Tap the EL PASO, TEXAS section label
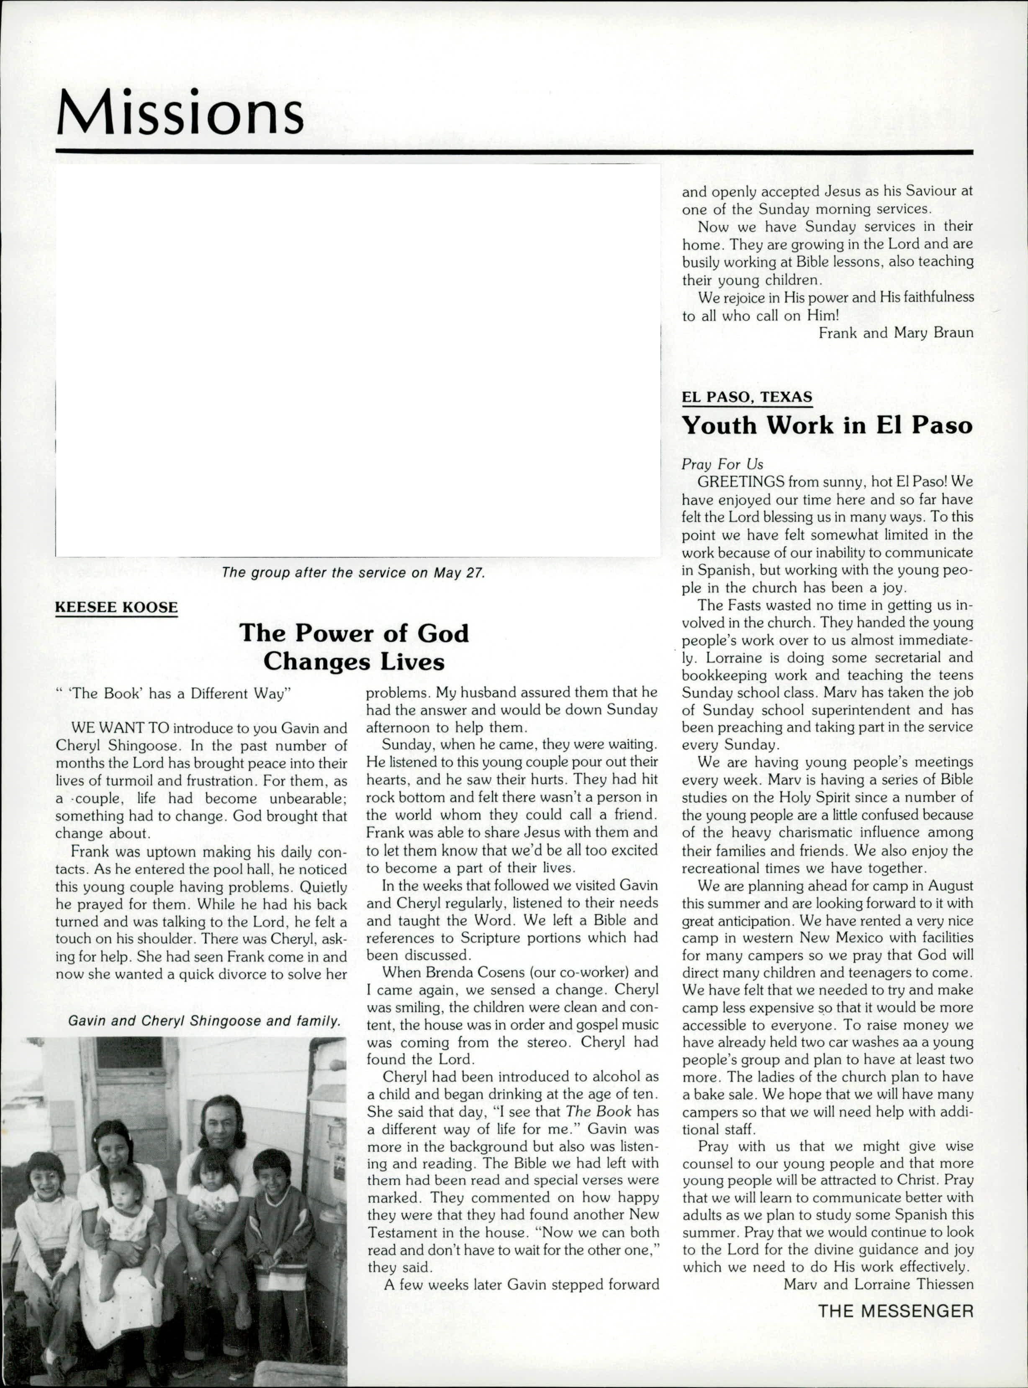(747, 397)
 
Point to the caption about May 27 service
(353, 573)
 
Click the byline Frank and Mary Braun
(895, 333)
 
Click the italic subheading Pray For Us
(722, 464)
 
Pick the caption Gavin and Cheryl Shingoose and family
(205, 1021)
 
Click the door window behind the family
(132, 1059)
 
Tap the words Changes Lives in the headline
(353, 661)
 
